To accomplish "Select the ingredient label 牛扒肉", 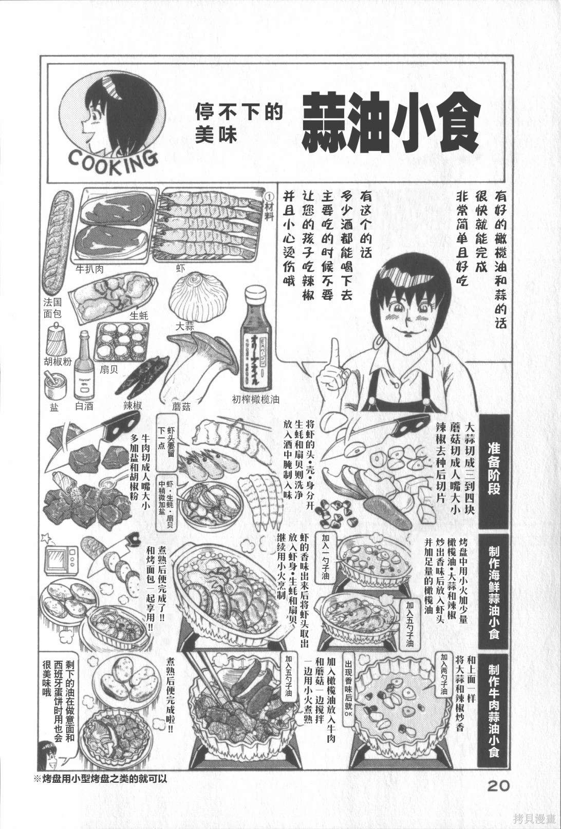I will click(x=91, y=268).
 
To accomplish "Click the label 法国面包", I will click(x=52, y=307).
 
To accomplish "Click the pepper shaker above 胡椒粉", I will click(x=57, y=340).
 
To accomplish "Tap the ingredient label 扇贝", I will click(x=108, y=371).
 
